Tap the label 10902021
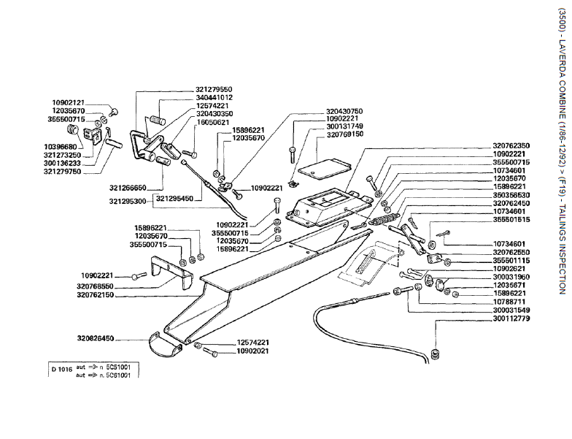point(252,351)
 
